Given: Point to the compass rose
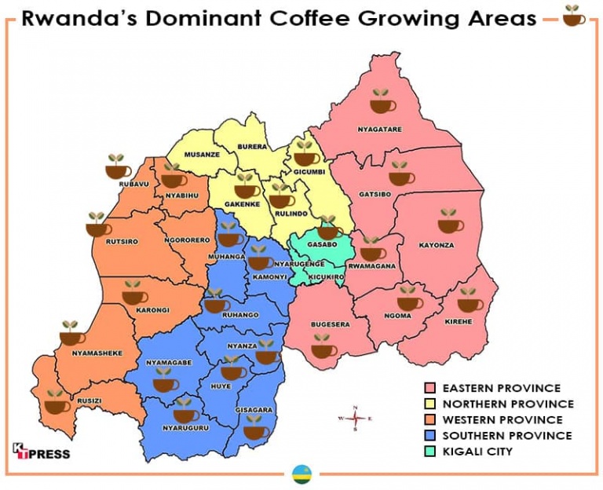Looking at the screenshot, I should (355, 419).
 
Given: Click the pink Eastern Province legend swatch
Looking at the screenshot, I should (430, 388).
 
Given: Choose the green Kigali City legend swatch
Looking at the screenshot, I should (430, 451).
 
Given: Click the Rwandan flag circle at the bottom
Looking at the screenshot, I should (300, 474).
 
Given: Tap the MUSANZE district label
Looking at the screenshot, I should (202, 155).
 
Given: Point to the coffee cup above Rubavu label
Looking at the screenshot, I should (119, 166).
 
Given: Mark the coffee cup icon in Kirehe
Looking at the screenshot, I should (470, 301).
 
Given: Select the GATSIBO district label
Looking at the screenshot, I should (374, 194).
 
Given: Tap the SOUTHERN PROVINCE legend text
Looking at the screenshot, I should (507, 435).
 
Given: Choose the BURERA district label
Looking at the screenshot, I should (252, 147).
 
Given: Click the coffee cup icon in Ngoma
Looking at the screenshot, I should (409, 299).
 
